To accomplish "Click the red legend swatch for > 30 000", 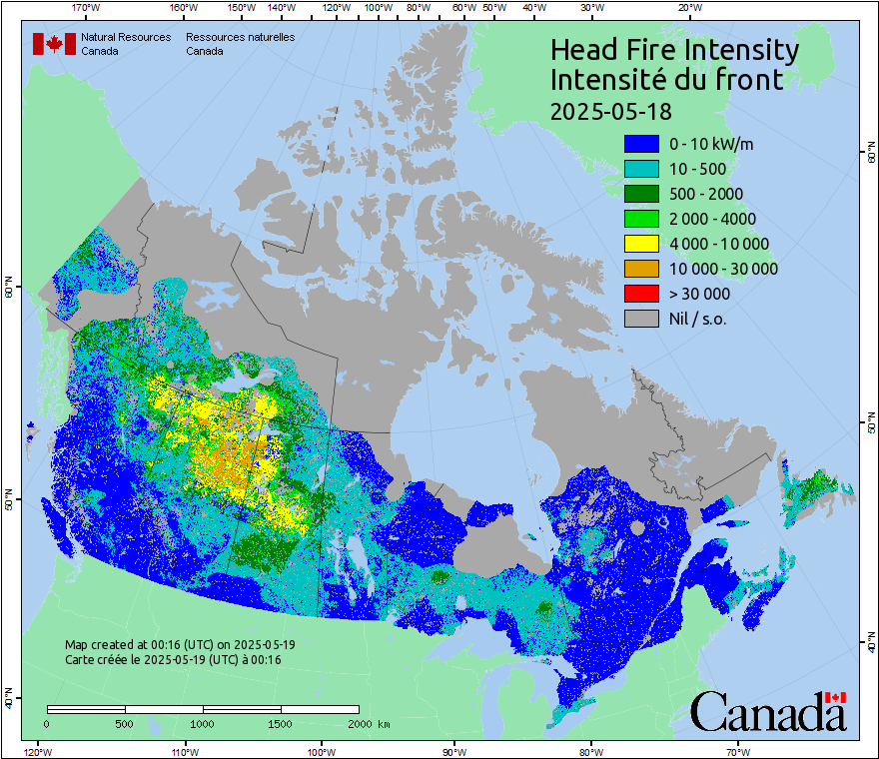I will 641,294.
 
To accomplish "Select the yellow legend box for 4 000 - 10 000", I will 641,244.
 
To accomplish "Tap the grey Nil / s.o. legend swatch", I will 641,319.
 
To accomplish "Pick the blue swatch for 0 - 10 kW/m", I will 641,144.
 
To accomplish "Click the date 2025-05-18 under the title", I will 611,110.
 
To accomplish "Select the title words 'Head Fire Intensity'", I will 674,50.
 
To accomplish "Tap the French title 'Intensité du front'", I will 667,80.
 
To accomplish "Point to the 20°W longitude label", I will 688,8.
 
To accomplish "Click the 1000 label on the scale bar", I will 203,723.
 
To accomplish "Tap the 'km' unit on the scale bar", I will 384,723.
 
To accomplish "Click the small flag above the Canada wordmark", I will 836,697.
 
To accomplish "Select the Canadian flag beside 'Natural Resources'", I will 54,43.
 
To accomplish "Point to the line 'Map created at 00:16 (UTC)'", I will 180,645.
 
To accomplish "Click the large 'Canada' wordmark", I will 768,713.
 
